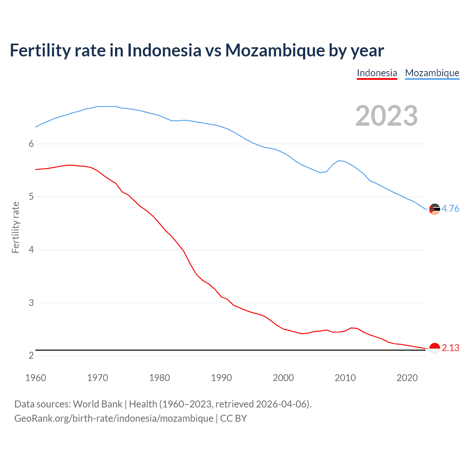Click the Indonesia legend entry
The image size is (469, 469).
click(377, 73)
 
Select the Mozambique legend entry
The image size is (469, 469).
click(432, 73)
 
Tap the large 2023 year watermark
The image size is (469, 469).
click(387, 116)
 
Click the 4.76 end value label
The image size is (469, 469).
click(450, 208)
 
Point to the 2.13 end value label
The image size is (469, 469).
click(450, 348)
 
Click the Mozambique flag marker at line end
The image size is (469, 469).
click(435, 209)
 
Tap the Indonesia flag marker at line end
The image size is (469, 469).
click(435, 348)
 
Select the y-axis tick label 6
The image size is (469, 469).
click(31, 144)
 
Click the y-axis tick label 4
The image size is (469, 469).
click(31, 250)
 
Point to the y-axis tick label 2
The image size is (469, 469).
click(31, 356)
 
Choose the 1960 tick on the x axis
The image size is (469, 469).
click(36, 378)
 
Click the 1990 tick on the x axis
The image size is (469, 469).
click(221, 378)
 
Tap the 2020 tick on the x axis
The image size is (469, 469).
click(407, 378)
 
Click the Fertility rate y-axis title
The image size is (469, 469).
click(15, 227)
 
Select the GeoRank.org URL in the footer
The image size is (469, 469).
click(114, 418)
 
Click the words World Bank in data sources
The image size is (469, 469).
click(97, 404)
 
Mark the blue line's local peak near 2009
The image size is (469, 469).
click(339, 160)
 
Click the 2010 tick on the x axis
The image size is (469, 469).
click(345, 378)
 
